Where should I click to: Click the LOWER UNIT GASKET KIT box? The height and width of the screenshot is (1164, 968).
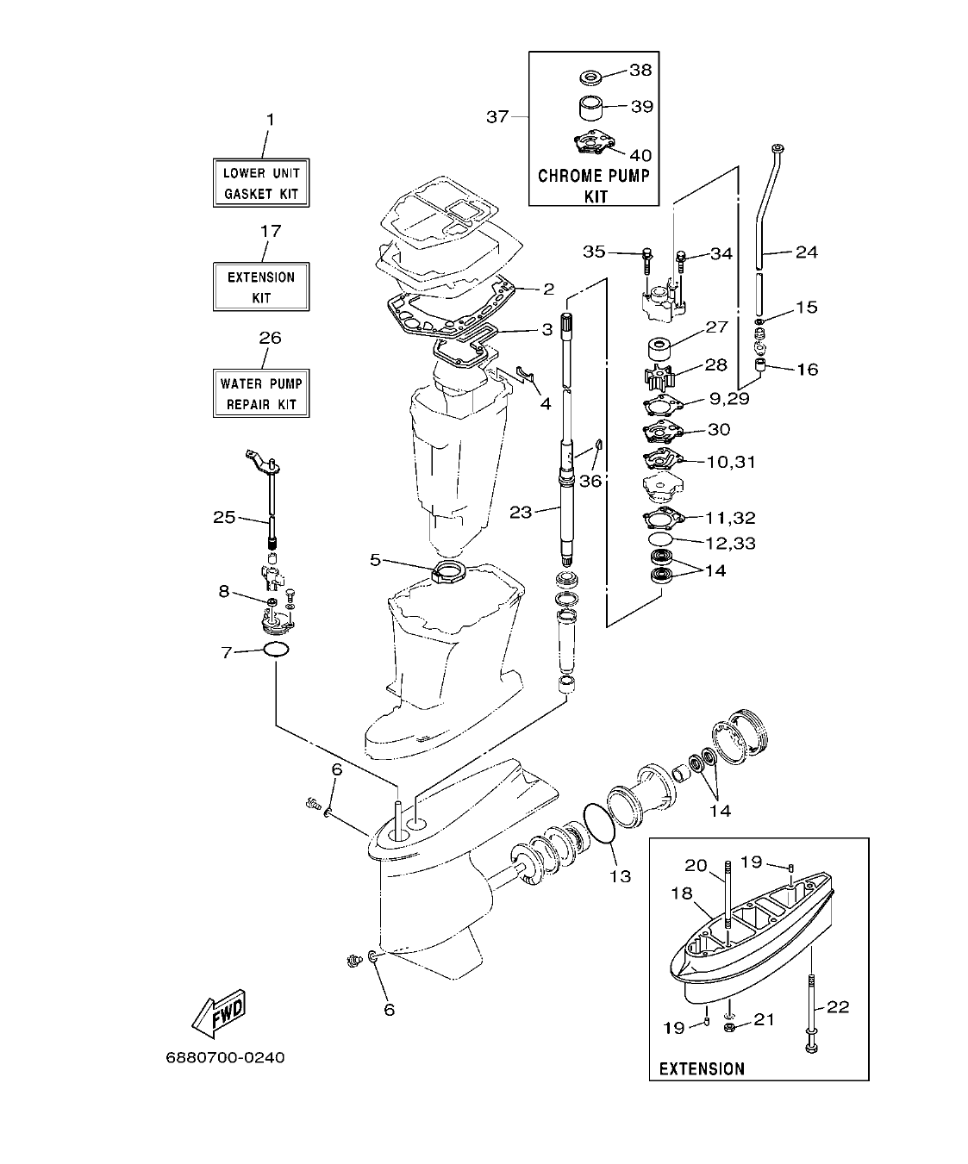tap(261, 183)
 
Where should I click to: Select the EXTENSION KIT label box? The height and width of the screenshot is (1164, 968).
tap(261, 287)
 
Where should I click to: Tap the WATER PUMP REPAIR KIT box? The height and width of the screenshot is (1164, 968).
tap(261, 394)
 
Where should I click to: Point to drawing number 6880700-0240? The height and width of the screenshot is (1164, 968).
tap(225, 1057)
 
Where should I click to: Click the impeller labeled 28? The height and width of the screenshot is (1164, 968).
tap(661, 377)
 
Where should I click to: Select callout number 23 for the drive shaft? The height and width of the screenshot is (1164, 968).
tap(521, 512)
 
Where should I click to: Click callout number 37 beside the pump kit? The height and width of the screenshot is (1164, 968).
tap(497, 116)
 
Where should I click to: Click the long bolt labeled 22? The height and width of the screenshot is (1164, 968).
tap(811, 1009)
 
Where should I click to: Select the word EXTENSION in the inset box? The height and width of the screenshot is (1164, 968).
tap(702, 1068)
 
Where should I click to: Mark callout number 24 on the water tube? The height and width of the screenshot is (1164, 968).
tap(806, 252)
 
